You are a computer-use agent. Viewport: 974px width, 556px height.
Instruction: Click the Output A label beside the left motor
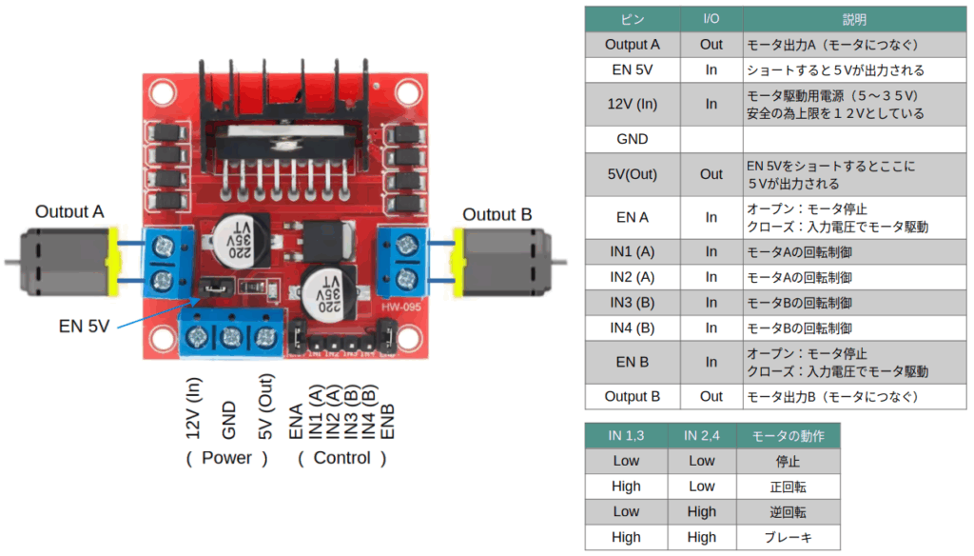click(68, 211)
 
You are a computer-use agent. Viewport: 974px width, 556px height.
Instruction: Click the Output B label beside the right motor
click(497, 214)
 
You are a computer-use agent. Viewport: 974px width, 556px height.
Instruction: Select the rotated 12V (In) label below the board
click(194, 407)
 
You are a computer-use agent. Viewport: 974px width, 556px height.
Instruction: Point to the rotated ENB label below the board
click(388, 420)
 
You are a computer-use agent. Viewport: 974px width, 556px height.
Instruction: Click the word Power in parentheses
click(226, 458)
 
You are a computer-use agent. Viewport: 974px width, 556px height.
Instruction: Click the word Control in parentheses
click(341, 458)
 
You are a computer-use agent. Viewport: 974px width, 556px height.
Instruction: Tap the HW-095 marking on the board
click(400, 306)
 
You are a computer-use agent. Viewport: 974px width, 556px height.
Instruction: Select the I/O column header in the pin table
click(711, 19)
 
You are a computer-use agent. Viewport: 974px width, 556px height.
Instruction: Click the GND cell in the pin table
click(632, 139)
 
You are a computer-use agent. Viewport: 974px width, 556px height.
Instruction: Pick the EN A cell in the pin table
click(632, 217)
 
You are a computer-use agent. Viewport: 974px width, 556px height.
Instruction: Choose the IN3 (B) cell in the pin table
click(632, 303)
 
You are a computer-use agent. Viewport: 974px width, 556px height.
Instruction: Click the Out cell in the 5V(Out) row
click(711, 174)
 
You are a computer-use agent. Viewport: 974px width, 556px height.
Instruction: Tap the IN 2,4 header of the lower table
click(701, 435)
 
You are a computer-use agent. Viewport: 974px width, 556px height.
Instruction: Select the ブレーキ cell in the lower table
click(788, 537)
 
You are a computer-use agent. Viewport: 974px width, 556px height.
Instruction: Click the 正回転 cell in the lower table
click(788, 486)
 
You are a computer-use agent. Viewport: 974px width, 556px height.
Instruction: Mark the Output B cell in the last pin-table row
click(632, 396)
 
